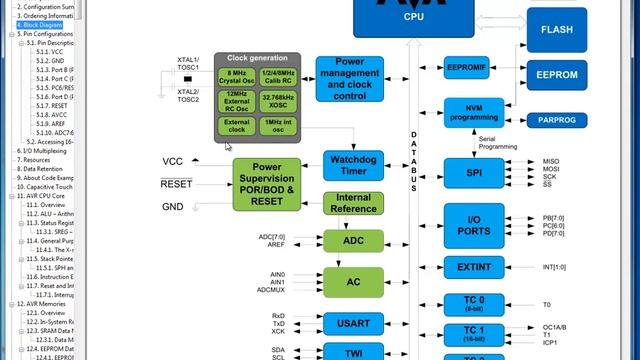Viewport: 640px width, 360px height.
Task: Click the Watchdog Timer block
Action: [x=353, y=165]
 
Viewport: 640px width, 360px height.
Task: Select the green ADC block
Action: [x=353, y=241]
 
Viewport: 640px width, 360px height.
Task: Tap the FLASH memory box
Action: [x=556, y=29]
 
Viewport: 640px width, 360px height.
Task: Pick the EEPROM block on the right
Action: [x=556, y=75]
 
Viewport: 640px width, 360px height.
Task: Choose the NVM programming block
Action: [x=472, y=112]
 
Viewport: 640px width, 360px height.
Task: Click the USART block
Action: [x=353, y=322]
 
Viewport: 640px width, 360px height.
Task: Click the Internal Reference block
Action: [x=353, y=204]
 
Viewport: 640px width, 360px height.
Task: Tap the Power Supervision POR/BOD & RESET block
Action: [x=266, y=184]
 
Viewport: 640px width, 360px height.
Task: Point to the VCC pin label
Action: [x=172, y=161]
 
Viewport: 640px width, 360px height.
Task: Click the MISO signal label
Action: [x=551, y=161]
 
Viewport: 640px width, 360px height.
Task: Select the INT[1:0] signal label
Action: [x=554, y=267]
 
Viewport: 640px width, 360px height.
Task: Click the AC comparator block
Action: [x=353, y=282]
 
